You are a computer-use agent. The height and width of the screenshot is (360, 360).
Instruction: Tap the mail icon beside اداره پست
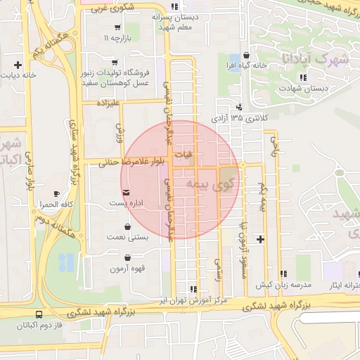pyautogui.click(x=126, y=192)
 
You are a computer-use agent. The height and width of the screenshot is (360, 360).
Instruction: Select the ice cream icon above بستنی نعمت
pyautogui.click(x=127, y=227)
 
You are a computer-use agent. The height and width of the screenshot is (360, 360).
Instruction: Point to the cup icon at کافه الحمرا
pyautogui.click(x=56, y=193)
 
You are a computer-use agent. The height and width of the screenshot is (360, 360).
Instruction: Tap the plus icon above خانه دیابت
pyautogui.click(x=17, y=65)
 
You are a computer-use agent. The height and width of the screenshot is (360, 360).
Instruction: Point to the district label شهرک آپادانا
pyautogui.click(x=313, y=58)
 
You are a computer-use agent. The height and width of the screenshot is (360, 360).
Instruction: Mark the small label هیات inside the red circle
pyautogui.click(x=182, y=154)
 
